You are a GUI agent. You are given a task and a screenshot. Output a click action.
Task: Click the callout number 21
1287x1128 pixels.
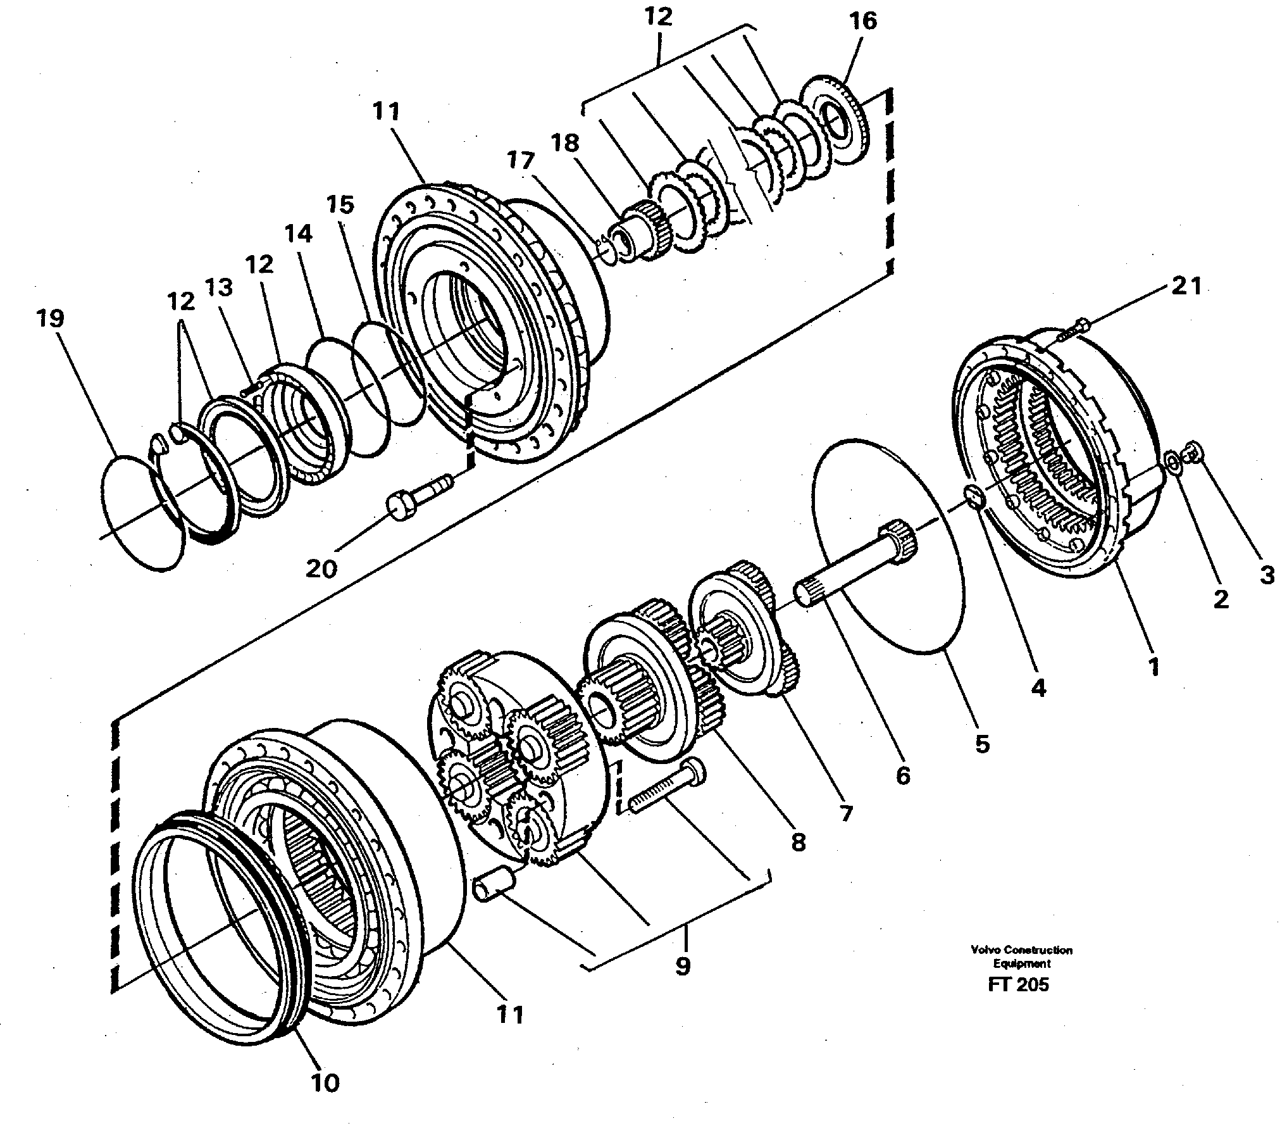1186,287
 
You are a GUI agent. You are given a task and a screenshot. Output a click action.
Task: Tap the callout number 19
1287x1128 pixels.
51,318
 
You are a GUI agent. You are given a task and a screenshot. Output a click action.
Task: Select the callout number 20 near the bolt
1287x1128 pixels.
322,569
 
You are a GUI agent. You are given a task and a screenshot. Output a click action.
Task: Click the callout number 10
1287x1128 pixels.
325,1083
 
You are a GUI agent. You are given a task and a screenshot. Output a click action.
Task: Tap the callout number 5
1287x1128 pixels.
981,744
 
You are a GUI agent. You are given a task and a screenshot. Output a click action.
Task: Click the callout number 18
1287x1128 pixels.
565,144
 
